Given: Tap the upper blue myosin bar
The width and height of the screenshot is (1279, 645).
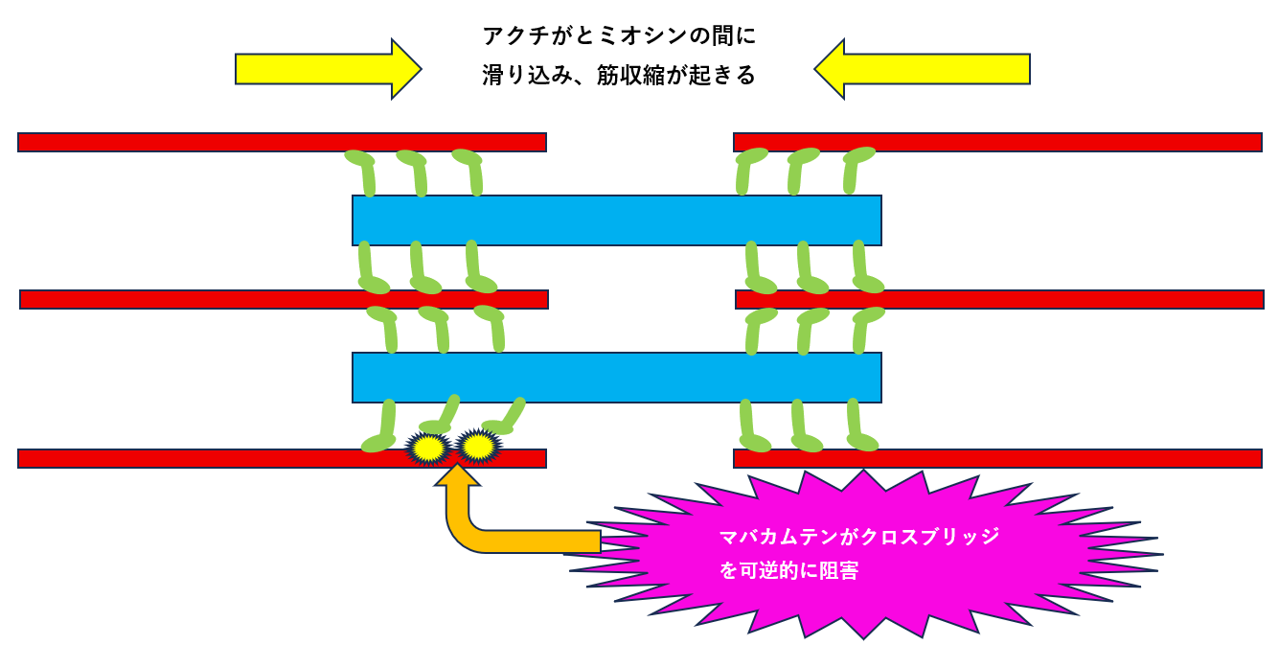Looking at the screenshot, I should [616, 220].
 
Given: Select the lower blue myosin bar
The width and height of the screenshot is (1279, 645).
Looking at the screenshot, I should [616, 378].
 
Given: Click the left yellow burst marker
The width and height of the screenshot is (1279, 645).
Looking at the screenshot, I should [428, 448].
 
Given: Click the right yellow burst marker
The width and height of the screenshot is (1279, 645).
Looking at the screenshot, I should [478, 446].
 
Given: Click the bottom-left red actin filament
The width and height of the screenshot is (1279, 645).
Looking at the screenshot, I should [192, 458].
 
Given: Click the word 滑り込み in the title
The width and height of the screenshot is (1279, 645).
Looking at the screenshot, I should [525, 76].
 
